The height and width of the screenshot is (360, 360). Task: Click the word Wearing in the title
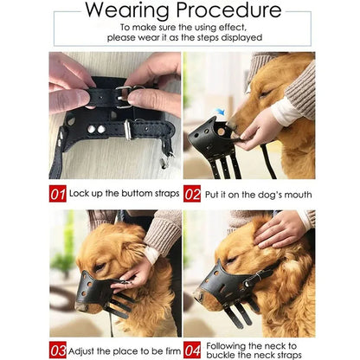tap(126, 10)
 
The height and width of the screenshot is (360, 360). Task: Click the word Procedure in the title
tap(228, 10)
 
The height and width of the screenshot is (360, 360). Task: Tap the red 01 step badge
tap(58, 194)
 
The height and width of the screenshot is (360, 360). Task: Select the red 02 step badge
tap(192, 194)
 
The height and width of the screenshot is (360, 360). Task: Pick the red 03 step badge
tap(58, 350)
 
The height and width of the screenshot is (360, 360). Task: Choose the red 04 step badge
tap(192, 350)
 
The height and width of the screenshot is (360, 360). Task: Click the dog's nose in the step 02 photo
tap(232, 124)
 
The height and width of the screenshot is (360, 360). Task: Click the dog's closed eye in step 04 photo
tap(232, 260)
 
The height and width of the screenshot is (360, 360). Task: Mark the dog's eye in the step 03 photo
tap(99, 267)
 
